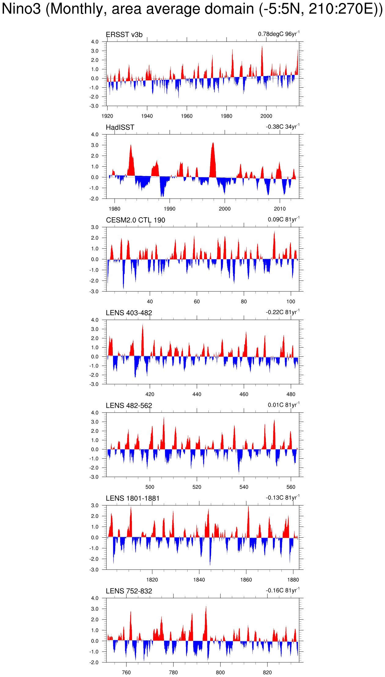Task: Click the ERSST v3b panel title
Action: pos(124,35)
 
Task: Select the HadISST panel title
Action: pos(120,127)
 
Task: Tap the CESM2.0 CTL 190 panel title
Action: pos(135,220)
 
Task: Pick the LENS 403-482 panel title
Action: pos(129,313)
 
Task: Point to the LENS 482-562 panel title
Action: pos(129,406)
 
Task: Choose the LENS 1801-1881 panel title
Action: pos(133,499)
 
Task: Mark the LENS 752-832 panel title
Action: pos(129,591)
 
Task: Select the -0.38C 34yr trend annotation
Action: pos(283,127)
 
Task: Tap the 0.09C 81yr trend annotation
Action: pos(284,219)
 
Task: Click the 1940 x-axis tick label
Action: pos(147,116)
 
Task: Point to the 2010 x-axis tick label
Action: pos(280,209)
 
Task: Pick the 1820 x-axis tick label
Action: pos(152,580)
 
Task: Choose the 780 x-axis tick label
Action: pos(173,672)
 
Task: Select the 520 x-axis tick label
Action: pos(197,487)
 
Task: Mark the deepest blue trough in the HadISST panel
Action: pos(162,196)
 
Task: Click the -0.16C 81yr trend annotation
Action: pos(283,591)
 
